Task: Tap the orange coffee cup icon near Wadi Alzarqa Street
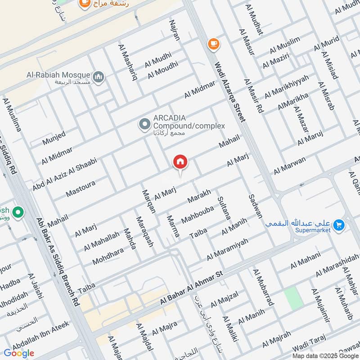213,44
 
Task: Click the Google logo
19,353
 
